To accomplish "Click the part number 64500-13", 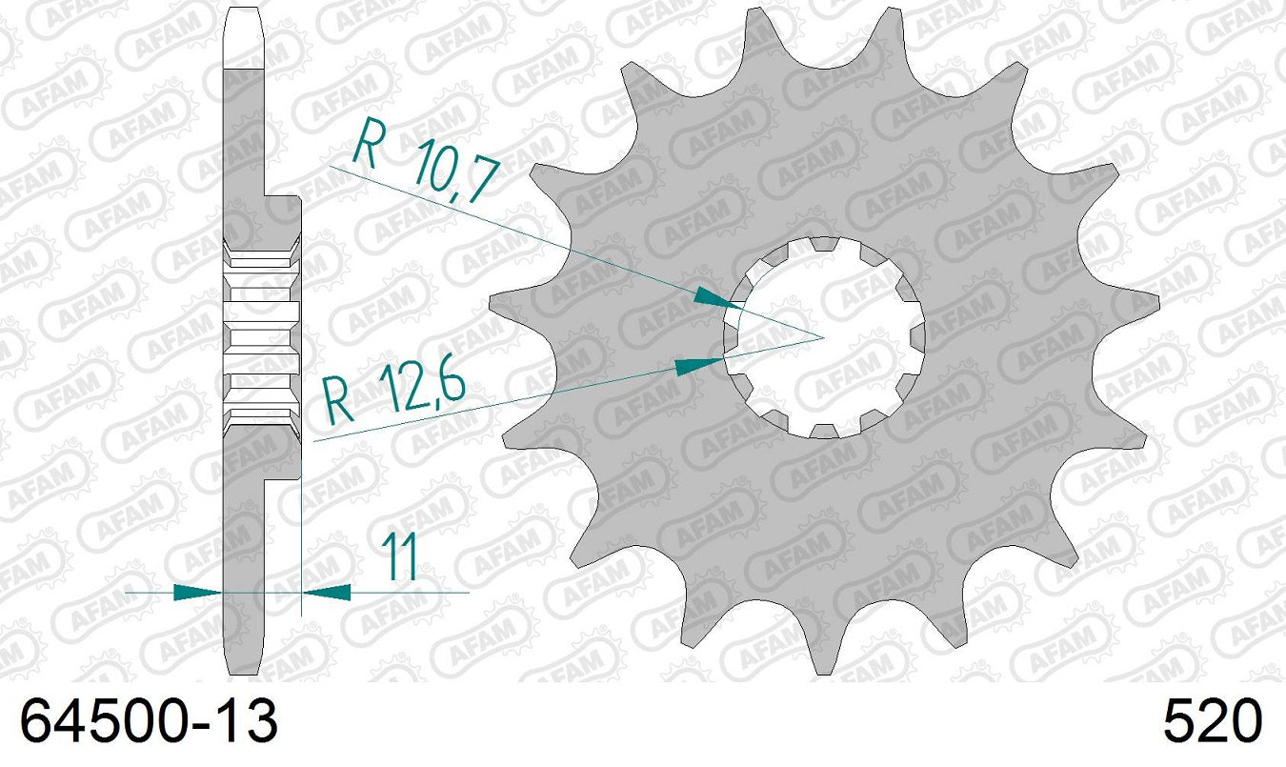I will pyautogui.click(x=150, y=721).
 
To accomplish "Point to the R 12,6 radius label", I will pyautogui.click(x=393, y=393).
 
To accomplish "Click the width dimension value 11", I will pyautogui.click(x=399, y=557).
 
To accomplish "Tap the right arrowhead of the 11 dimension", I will pyautogui.click(x=326, y=592).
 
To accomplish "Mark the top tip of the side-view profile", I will pyautogui.click(x=243, y=11).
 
